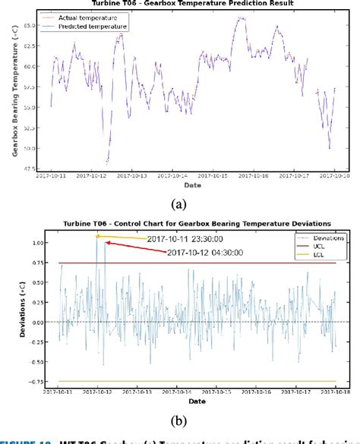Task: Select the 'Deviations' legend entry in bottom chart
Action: point(328,237)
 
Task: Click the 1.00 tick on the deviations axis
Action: point(31,243)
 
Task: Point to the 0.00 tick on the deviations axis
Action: point(31,322)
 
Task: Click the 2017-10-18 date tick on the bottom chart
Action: point(335,392)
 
